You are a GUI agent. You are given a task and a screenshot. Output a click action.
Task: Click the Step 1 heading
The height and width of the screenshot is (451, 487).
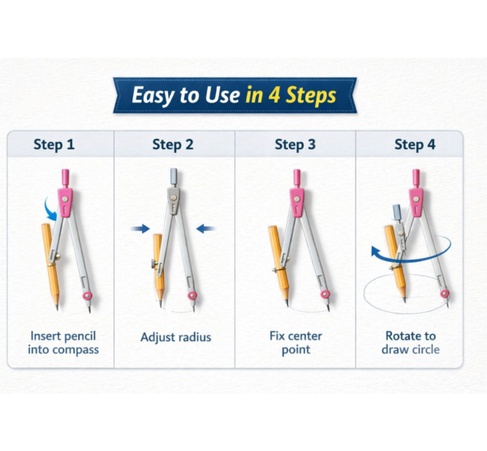click(x=54, y=145)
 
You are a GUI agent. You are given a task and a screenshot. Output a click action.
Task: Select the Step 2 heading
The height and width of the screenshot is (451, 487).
click(x=173, y=145)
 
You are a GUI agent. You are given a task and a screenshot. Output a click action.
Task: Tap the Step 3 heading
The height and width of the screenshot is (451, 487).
click(x=295, y=145)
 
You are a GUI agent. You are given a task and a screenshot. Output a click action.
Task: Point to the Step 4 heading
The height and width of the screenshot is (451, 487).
click(x=415, y=145)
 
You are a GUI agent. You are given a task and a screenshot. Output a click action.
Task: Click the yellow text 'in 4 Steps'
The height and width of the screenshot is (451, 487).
click(x=290, y=95)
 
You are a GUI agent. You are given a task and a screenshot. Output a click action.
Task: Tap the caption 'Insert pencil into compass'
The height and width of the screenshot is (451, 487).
click(x=65, y=342)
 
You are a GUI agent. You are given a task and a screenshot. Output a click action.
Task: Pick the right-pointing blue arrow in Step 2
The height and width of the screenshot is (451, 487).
click(x=140, y=230)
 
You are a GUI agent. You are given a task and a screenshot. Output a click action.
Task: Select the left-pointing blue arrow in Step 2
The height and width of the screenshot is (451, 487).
click(x=206, y=228)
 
